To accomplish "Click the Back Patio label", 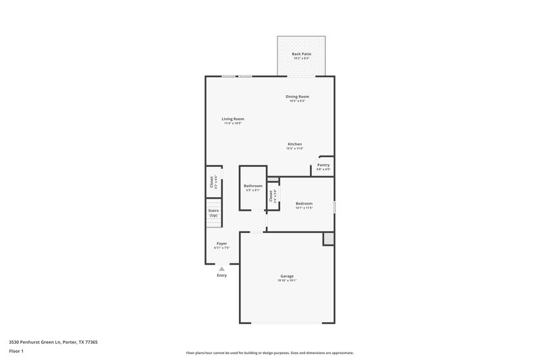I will [301, 54].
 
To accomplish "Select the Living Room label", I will [233, 119].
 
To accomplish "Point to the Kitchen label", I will [295, 144].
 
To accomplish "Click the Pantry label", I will [323, 165].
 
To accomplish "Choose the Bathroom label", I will [253, 186].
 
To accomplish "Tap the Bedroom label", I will [304, 203].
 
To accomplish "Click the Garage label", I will [287, 276].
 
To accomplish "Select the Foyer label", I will [221, 243].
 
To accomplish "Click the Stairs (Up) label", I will [213, 213].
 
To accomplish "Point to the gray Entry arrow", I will [221, 268].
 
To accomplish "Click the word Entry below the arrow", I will [221, 276].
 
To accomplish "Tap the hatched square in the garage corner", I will [328, 238].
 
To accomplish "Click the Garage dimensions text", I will [287, 280].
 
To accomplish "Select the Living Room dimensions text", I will [233, 124].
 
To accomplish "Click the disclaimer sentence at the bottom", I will [269, 353].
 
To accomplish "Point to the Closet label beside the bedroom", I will [271, 196].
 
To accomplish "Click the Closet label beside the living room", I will [211, 182].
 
